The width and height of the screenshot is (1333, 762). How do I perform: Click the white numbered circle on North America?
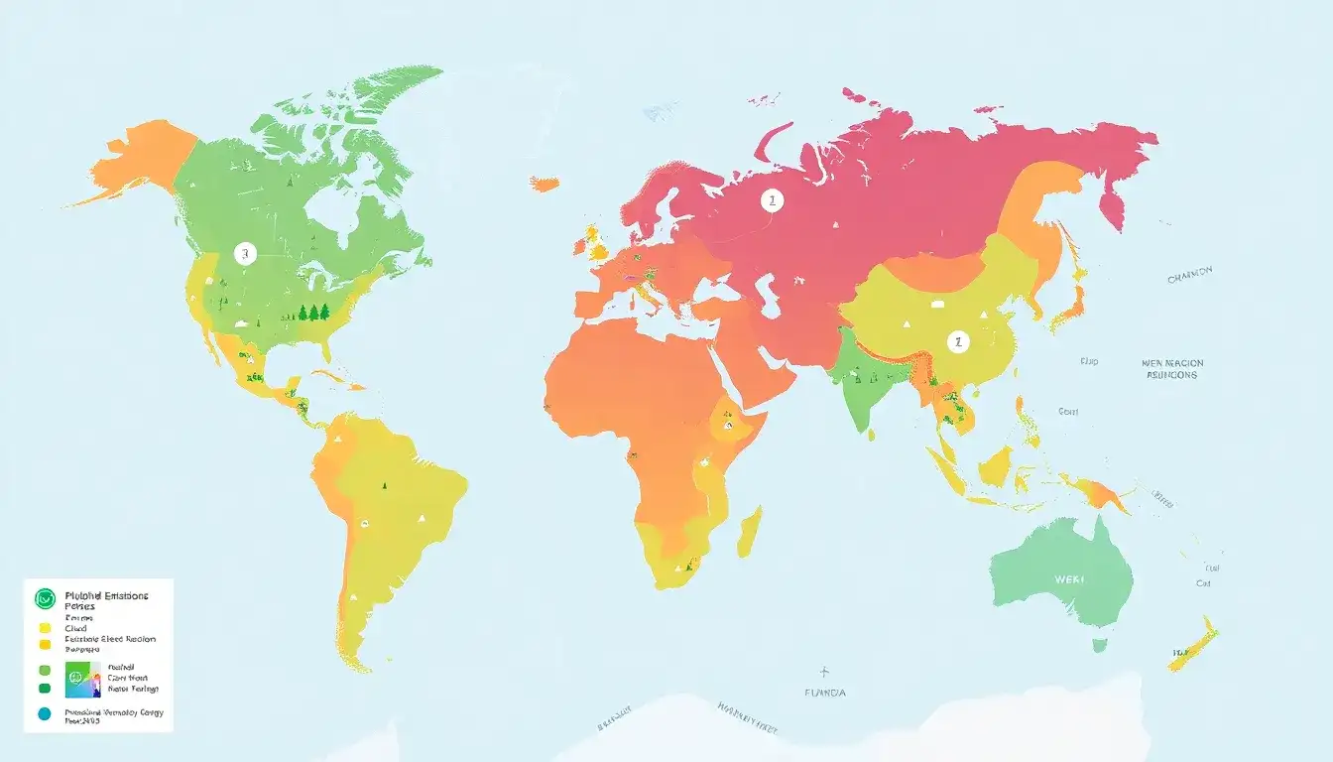[245, 253]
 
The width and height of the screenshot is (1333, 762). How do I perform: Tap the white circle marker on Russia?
[771, 201]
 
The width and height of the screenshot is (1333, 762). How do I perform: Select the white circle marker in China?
[957, 341]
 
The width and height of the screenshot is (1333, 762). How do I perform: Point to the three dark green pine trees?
[314, 313]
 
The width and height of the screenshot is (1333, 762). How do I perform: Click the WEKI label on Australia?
[1069, 578]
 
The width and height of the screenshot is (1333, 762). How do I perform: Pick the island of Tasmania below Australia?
[1099, 645]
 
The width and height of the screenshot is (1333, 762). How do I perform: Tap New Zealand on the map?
[1194, 643]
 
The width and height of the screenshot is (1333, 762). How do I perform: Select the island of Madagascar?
[750, 531]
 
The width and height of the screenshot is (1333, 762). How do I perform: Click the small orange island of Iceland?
[544, 184]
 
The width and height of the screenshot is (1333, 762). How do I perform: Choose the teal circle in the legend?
[44, 713]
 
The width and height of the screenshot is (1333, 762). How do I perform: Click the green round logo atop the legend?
[45, 598]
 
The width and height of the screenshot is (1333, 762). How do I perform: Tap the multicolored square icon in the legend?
[82, 681]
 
